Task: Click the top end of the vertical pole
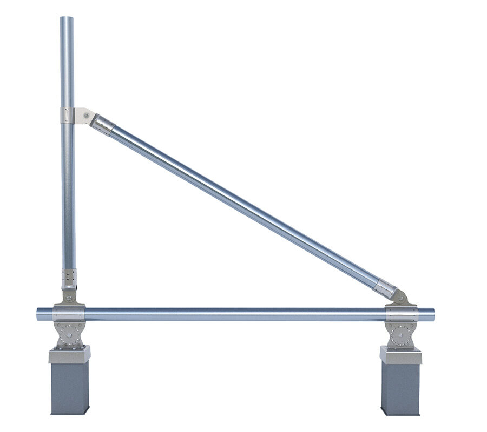67,19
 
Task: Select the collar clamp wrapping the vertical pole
67,116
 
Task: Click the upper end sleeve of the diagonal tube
102,126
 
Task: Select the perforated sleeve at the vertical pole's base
68,278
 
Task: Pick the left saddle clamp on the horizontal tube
68,314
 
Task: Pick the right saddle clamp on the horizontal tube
402,314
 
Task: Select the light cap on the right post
400,355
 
